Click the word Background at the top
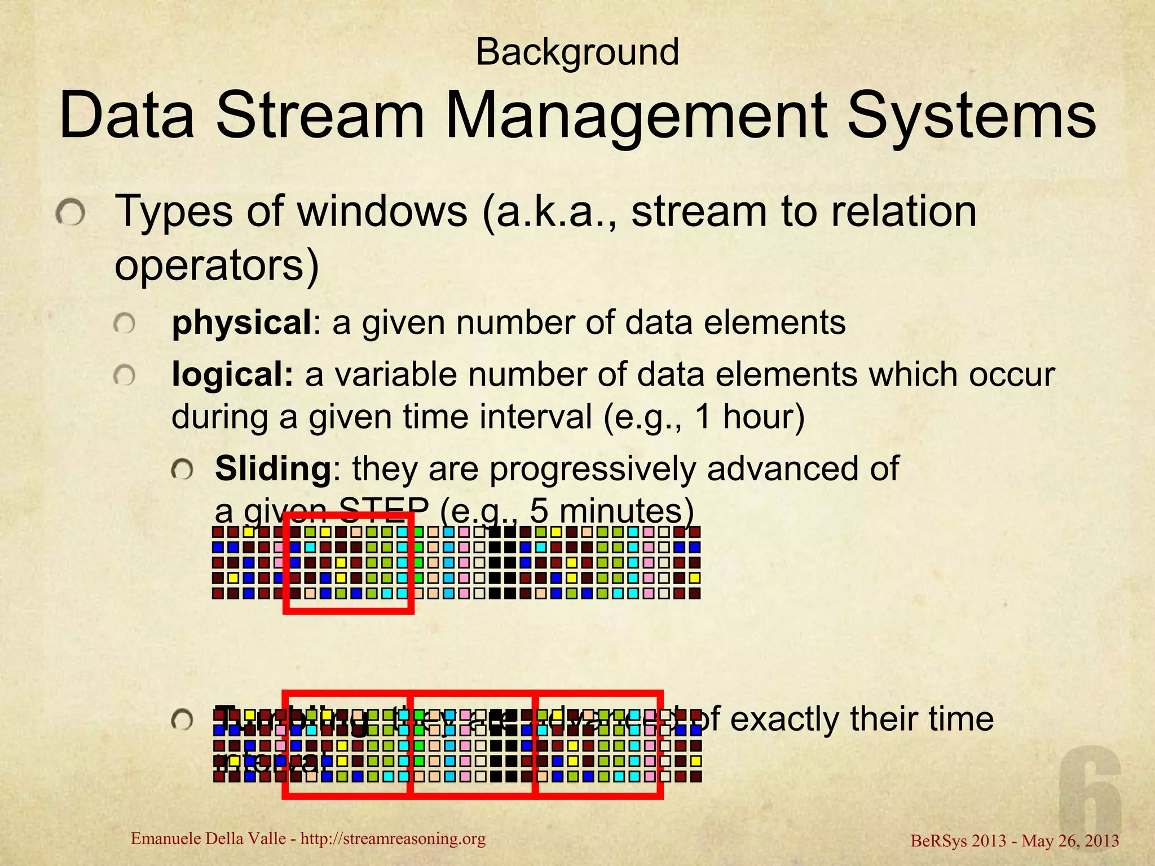577,52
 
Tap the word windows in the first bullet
382,211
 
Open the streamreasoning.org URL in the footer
393,839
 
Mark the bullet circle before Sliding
182,469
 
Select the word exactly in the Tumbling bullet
778,719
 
